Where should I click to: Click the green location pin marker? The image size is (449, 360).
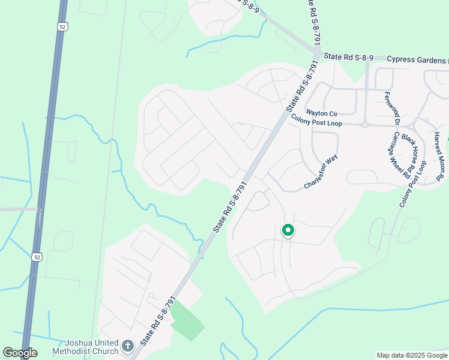288,230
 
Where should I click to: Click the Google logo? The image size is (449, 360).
20,353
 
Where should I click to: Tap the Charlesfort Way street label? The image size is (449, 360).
321,175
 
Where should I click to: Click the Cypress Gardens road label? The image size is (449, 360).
417,59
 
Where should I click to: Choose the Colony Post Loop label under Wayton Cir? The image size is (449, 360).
316,123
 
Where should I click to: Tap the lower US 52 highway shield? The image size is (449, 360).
37,257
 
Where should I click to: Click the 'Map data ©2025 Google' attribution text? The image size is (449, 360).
411,355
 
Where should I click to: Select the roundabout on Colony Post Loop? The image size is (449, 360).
364,125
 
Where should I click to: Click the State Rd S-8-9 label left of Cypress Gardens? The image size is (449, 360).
349,57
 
